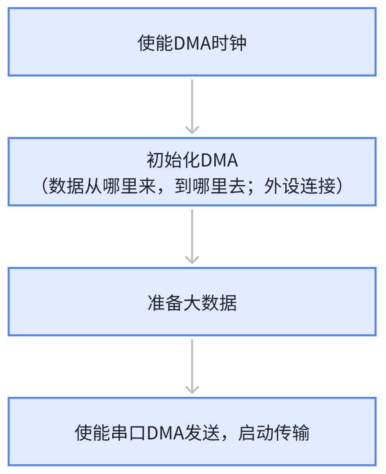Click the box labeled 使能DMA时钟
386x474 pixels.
coord(192,42)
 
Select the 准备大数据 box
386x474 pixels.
coord(192,302)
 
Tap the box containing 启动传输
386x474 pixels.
coord(192,431)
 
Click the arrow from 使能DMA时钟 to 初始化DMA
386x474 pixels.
coord(192,107)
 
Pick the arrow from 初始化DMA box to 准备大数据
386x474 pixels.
coord(192,237)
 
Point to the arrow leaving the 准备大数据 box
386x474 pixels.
coord(192,366)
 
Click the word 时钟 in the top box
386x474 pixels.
coord(229,43)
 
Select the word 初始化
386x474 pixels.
coord(173,160)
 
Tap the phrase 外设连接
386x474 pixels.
coord(300,186)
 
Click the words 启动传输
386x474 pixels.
coord(274,433)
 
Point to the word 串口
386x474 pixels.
coord(128,433)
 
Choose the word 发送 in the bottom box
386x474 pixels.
coord(202,433)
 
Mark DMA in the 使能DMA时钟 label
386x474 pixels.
coord(193,43)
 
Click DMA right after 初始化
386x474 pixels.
coord(219,160)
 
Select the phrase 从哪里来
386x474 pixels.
coord(120,186)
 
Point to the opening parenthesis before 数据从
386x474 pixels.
coord(44,186)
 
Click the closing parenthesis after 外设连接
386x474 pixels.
coord(340,186)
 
